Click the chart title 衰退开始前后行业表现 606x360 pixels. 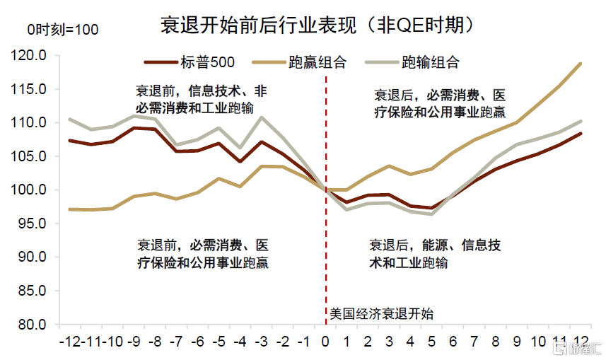tap(315, 26)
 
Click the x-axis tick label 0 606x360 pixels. tap(325, 341)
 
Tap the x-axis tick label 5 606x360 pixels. tap(432, 341)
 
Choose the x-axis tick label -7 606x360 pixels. tap(177, 341)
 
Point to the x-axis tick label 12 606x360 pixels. tap(581, 341)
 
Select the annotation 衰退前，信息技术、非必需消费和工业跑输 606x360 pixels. tap(202, 99)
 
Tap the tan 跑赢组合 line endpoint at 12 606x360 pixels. tap(581, 64)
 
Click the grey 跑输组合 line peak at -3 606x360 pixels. tap(262, 117)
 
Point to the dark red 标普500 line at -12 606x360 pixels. tap(69, 141)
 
